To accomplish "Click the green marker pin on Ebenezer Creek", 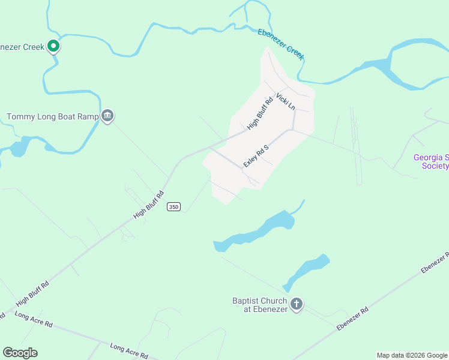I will (53, 45).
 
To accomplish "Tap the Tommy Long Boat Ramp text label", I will (52, 116).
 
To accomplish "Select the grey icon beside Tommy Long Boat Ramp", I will (107, 116).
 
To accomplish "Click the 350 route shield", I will (173, 206).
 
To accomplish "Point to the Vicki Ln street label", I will (286, 101).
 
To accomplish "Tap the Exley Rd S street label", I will (255, 154).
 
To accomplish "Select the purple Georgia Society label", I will (431, 161).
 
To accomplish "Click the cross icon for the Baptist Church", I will (297, 305).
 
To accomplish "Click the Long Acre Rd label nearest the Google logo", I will (34, 320).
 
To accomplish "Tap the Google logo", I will (20, 353).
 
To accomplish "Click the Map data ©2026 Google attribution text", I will (412, 355).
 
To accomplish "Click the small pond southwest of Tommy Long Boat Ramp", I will (20, 146).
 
